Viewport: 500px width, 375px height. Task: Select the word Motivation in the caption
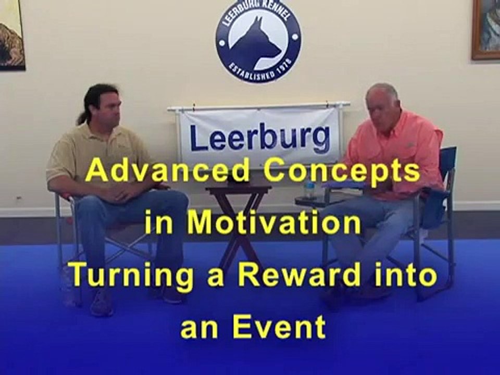(x=274, y=223)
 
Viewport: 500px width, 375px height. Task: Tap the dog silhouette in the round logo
(x=255, y=42)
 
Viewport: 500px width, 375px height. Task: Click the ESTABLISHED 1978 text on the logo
(x=258, y=72)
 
